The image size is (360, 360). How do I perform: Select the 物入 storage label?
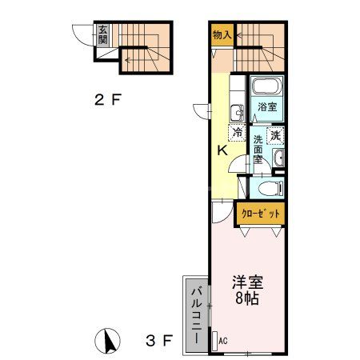(222, 34)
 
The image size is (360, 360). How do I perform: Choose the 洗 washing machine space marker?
(275, 135)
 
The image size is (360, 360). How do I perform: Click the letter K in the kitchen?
(224, 150)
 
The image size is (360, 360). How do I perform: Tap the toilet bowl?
(269, 189)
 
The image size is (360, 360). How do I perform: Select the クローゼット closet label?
(261, 214)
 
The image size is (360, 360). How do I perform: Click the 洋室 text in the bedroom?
(247, 282)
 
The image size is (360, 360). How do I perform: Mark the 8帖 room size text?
(247, 299)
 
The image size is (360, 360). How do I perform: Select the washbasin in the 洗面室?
(278, 160)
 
